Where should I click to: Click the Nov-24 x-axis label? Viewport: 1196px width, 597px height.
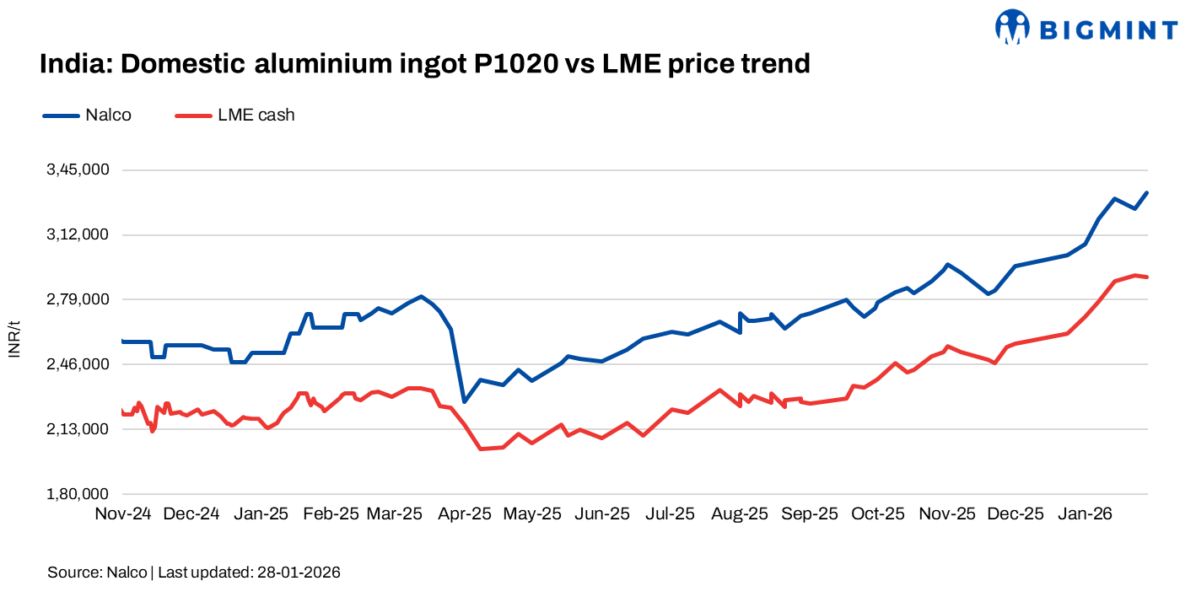tap(123, 514)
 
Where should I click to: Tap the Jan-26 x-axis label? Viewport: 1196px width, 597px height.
tap(1085, 514)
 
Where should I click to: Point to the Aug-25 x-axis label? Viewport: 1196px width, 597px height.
tap(740, 514)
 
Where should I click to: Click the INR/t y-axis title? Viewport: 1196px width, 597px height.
tap(14, 338)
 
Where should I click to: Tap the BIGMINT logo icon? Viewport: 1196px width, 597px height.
tap(1013, 27)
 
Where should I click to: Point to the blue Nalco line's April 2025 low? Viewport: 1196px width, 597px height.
tap(463, 401)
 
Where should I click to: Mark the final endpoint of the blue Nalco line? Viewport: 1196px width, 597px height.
tap(1147, 193)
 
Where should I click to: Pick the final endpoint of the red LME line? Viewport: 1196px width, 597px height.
tap(1147, 277)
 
